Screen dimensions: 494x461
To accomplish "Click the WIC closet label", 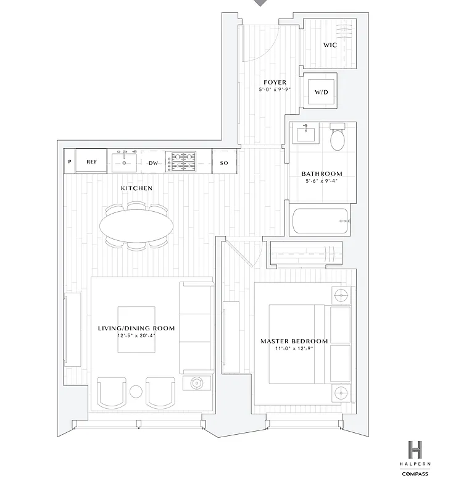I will pyautogui.click(x=330, y=45).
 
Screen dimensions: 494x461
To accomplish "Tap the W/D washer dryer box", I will pyautogui.click(x=322, y=92).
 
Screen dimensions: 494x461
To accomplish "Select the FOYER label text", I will pyautogui.click(x=275, y=82).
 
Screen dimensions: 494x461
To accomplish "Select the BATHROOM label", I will pyautogui.click(x=322, y=174).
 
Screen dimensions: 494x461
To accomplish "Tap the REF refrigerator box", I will pyautogui.click(x=91, y=162).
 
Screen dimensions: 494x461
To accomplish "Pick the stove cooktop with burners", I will pyautogui.click(x=183, y=162).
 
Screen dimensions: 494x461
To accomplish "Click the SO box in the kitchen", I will pyautogui.click(x=225, y=163).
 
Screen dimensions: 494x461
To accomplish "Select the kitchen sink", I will pyautogui.click(x=125, y=162).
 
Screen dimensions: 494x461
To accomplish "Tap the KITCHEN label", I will pyautogui.click(x=136, y=188).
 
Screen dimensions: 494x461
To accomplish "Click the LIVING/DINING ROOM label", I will pyautogui.click(x=136, y=328).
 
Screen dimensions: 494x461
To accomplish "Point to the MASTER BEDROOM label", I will pyautogui.click(x=294, y=340).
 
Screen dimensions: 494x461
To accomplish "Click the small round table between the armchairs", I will pyautogui.click(x=136, y=391).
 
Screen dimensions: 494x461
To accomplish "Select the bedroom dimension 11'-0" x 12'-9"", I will pyautogui.click(x=294, y=349).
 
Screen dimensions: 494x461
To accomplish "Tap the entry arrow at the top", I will pyautogui.click(x=261, y=3).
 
